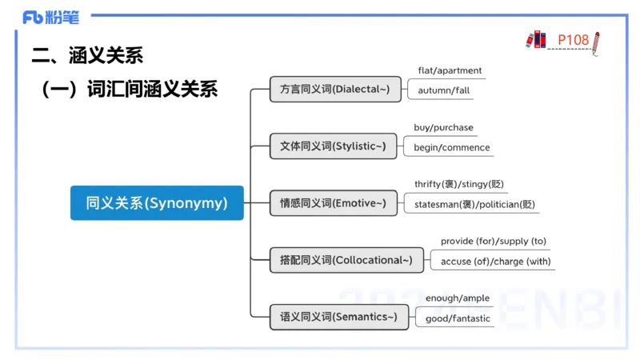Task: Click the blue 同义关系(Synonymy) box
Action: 157,203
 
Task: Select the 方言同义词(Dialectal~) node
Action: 334,90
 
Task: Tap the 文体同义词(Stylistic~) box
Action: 333,146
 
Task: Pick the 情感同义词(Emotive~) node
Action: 333,203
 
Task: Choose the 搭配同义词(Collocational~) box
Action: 346,260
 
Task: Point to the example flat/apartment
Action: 450,70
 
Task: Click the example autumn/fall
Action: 444,90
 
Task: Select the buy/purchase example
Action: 443,127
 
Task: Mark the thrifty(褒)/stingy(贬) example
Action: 459,184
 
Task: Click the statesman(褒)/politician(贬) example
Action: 474,204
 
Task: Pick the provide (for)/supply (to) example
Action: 494,241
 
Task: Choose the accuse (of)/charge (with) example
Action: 495,261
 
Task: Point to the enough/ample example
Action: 457,298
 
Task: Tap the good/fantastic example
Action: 458,318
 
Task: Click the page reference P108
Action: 573,39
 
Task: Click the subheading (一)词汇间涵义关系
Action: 130,89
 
